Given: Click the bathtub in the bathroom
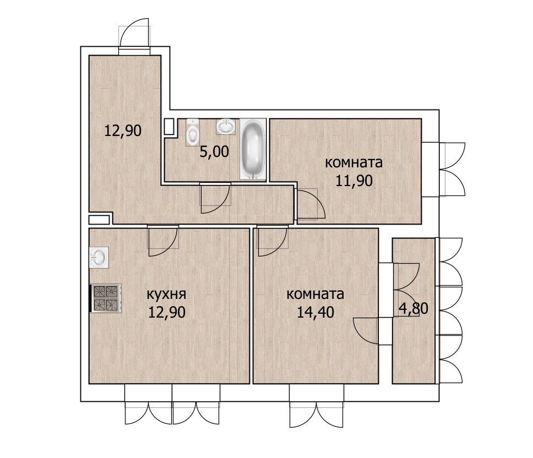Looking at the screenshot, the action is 253,149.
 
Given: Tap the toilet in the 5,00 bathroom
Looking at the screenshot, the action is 192,132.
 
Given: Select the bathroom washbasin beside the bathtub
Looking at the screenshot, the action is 225,127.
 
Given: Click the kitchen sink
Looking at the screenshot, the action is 99,257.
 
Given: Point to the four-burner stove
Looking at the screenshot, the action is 106,298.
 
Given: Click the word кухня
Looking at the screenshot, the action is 166,295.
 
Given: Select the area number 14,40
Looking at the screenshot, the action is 316,312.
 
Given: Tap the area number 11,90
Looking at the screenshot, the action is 354,181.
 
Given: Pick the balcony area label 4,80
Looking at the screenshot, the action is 414,308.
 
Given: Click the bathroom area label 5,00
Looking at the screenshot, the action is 214,151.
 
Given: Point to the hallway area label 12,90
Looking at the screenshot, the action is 123,130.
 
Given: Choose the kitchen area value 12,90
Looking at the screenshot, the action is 167,312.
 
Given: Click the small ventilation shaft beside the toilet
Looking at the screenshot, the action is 169,127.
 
